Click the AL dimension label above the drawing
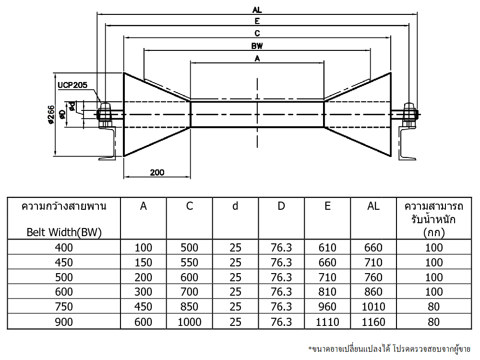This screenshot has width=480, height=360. tap(257, 10)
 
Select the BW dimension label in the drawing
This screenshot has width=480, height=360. tap(257, 46)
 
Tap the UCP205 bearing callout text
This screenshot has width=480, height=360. tap(72, 85)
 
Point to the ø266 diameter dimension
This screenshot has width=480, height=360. tap(51, 115)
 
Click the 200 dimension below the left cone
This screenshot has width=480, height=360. tap(157, 172)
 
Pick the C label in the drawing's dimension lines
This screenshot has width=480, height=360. tap(257, 33)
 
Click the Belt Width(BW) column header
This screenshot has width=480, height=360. tap(64, 232)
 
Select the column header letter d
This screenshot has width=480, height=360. tap(235, 206)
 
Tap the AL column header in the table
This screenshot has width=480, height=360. tap(373, 206)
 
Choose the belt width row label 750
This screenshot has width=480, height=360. tap(64, 306)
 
